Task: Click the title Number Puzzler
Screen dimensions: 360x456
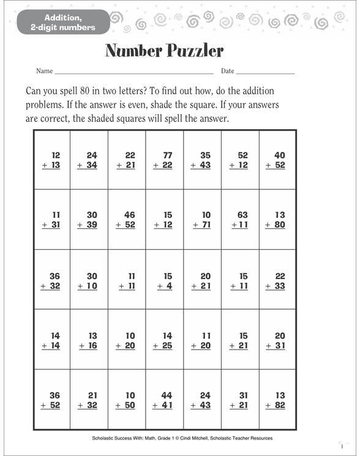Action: tap(165, 50)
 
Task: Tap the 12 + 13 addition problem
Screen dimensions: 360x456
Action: tap(52, 160)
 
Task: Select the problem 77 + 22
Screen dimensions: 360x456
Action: tap(165, 160)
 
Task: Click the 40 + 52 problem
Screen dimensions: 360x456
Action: tap(276, 160)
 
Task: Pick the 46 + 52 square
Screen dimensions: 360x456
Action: tap(127, 220)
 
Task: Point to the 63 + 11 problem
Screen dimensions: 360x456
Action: tap(239, 220)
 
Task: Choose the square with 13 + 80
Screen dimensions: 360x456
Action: tap(276, 220)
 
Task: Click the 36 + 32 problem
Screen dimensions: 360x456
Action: tap(52, 280)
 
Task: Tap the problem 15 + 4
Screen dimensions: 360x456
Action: tap(165, 280)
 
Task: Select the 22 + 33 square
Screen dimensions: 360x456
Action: tap(276, 280)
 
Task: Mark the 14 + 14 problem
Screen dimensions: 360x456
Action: tap(52, 340)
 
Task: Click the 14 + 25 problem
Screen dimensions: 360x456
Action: tap(165, 340)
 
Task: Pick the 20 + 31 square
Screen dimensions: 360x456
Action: tap(276, 340)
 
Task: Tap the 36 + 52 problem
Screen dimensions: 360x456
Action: tap(52, 400)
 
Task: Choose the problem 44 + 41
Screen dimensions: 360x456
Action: tap(165, 400)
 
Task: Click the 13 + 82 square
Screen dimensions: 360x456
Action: tap(276, 400)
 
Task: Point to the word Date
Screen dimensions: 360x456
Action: tap(227, 71)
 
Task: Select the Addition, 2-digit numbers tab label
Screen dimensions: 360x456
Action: tap(61, 21)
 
